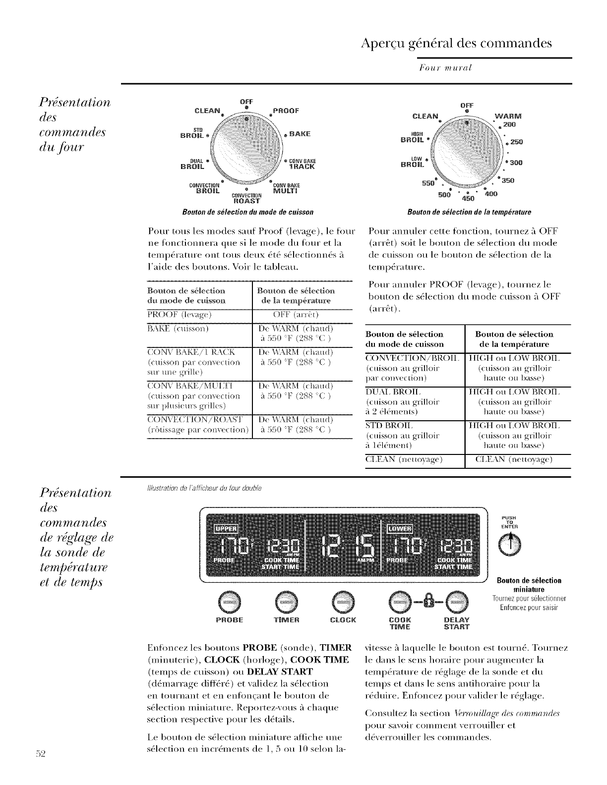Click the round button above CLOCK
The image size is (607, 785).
[343, 602]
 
